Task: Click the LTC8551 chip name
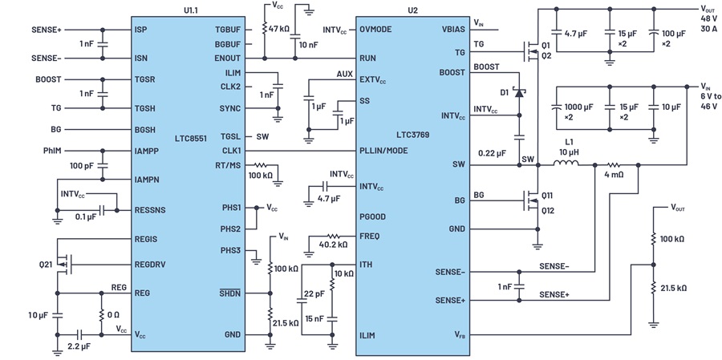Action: tap(191, 138)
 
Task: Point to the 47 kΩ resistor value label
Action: tap(279, 29)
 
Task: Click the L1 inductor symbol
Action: tap(566, 164)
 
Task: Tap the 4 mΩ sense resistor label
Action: tap(615, 176)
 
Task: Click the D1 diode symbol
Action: tap(519, 93)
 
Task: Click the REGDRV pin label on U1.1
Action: tap(150, 265)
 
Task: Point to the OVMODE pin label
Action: tap(375, 30)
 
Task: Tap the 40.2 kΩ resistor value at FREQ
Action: tap(334, 245)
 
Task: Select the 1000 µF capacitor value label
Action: tap(578, 107)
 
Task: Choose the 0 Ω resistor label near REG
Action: tap(113, 315)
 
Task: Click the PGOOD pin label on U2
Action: tap(372, 216)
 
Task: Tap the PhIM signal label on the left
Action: tap(51, 151)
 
